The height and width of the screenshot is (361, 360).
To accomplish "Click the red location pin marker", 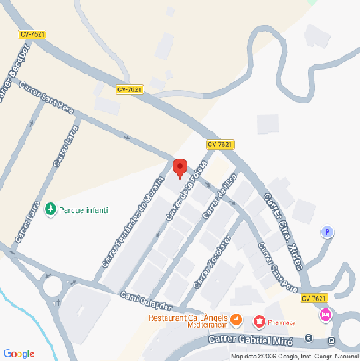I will point(180,166).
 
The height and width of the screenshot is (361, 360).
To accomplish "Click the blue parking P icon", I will point(328,232).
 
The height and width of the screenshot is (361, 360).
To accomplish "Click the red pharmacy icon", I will point(259,321).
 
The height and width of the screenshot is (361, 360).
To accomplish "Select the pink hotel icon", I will point(327,315).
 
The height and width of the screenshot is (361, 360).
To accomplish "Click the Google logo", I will point(18,353).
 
